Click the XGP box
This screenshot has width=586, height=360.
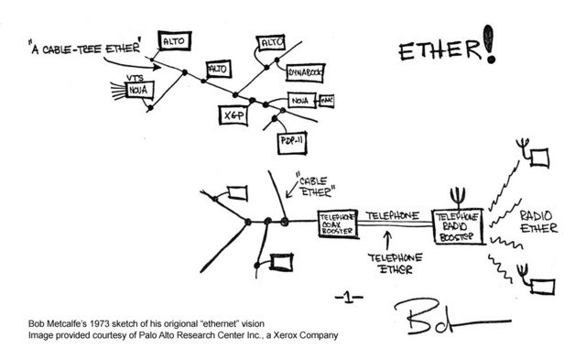tap(231, 115)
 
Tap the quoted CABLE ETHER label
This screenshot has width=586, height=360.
tap(318, 187)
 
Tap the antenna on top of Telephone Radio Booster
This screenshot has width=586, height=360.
tap(456, 197)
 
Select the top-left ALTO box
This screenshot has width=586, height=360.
tap(174, 40)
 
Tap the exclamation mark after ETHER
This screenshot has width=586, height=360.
tap(492, 46)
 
